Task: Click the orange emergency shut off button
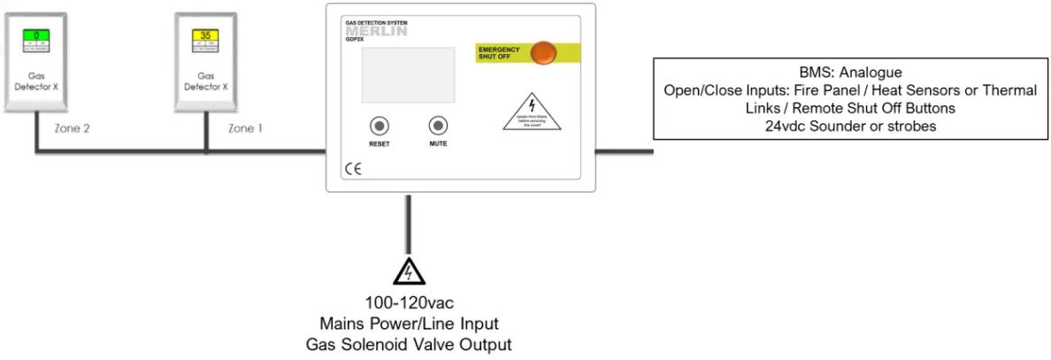(544, 53)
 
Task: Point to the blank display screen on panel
(410, 74)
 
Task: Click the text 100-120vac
(408, 303)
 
